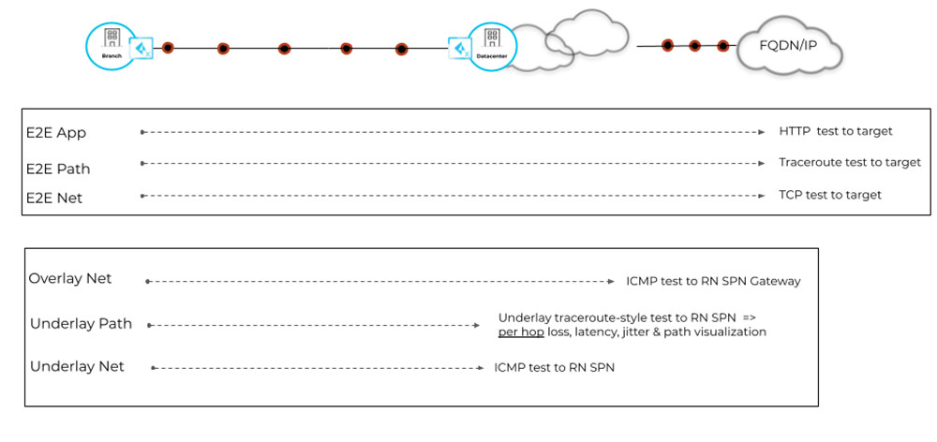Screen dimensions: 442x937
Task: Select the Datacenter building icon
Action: pyautogui.click(x=490, y=42)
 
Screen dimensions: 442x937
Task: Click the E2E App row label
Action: pyautogui.click(x=56, y=133)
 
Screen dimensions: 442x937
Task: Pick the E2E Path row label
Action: pyautogui.click(x=58, y=169)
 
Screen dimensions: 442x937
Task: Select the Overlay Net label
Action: pyautogui.click(x=70, y=279)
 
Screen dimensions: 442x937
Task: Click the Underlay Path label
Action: pyautogui.click(x=81, y=324)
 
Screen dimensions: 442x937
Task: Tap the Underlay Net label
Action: pyautogui.click(x=77, y=366)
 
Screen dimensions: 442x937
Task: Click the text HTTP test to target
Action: pyautogui.click(x=836, y=131)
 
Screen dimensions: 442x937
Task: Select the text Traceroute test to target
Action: pyautogui.click(x=850, y=162)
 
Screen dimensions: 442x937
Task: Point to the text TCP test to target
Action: pyautogui.click(x=830, y=195)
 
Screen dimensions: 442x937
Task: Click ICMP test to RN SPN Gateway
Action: pyautogui.click(x=713, y=281)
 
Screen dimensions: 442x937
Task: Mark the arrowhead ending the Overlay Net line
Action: pyautogui.click(x=610, y=281)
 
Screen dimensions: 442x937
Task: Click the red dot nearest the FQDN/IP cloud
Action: pyautogui.click(x=723, y=45)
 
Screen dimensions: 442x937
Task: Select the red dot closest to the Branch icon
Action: pyautogui.click(x=168, y=48)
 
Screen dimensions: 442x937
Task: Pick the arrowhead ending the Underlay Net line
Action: pyautogui.click(x=479, y=368)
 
